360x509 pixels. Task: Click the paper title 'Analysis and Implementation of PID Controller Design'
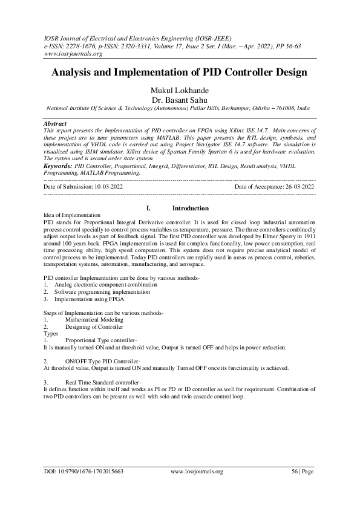(x=180, y=73)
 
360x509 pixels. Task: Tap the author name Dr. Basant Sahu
(x=180, y=100)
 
